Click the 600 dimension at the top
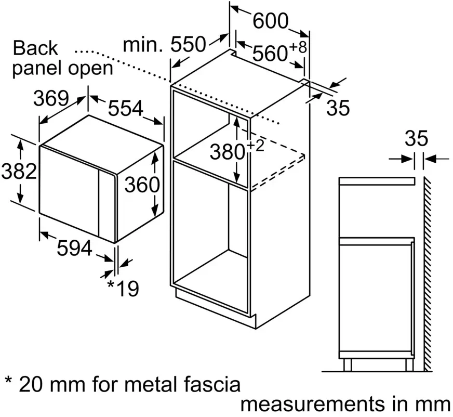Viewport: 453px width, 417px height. click(x=271, y=21)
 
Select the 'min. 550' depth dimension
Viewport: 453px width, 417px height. click(x=165, y=45)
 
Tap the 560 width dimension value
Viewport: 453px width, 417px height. click(x=271, y=53)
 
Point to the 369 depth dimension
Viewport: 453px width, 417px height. click(x=51, y=98)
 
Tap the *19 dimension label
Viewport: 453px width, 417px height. click(x=123, y=288)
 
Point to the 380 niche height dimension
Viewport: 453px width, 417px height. click(x=227, y=152)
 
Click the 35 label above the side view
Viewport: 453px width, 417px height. click(x=416, y=139)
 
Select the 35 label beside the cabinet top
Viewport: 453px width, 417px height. click(x=338, y=108)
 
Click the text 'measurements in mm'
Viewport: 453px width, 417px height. click(x=345, y=404)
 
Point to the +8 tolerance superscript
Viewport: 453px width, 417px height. click(x=299, y=47)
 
